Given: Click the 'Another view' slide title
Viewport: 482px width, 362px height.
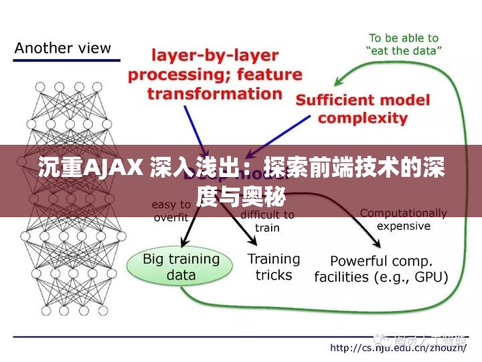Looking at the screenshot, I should (63, 48).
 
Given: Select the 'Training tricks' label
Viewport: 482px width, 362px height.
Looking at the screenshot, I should (274, 266).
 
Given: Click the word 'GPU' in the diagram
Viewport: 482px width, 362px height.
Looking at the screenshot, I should (430, 276).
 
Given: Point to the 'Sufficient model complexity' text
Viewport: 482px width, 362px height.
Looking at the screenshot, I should (363, 109).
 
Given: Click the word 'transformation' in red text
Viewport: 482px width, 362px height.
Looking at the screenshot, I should (215, 93).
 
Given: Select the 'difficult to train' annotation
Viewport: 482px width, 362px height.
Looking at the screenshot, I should (267, 221).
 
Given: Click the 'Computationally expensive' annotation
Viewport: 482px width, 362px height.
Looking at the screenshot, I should (403, 219).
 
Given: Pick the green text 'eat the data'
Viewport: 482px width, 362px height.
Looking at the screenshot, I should (404, 50).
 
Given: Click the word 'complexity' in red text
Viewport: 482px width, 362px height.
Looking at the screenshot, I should (363, 119).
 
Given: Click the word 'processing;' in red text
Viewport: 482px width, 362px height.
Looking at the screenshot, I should (173, 74).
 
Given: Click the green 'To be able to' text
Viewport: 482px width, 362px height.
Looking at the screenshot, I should (404, 38).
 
